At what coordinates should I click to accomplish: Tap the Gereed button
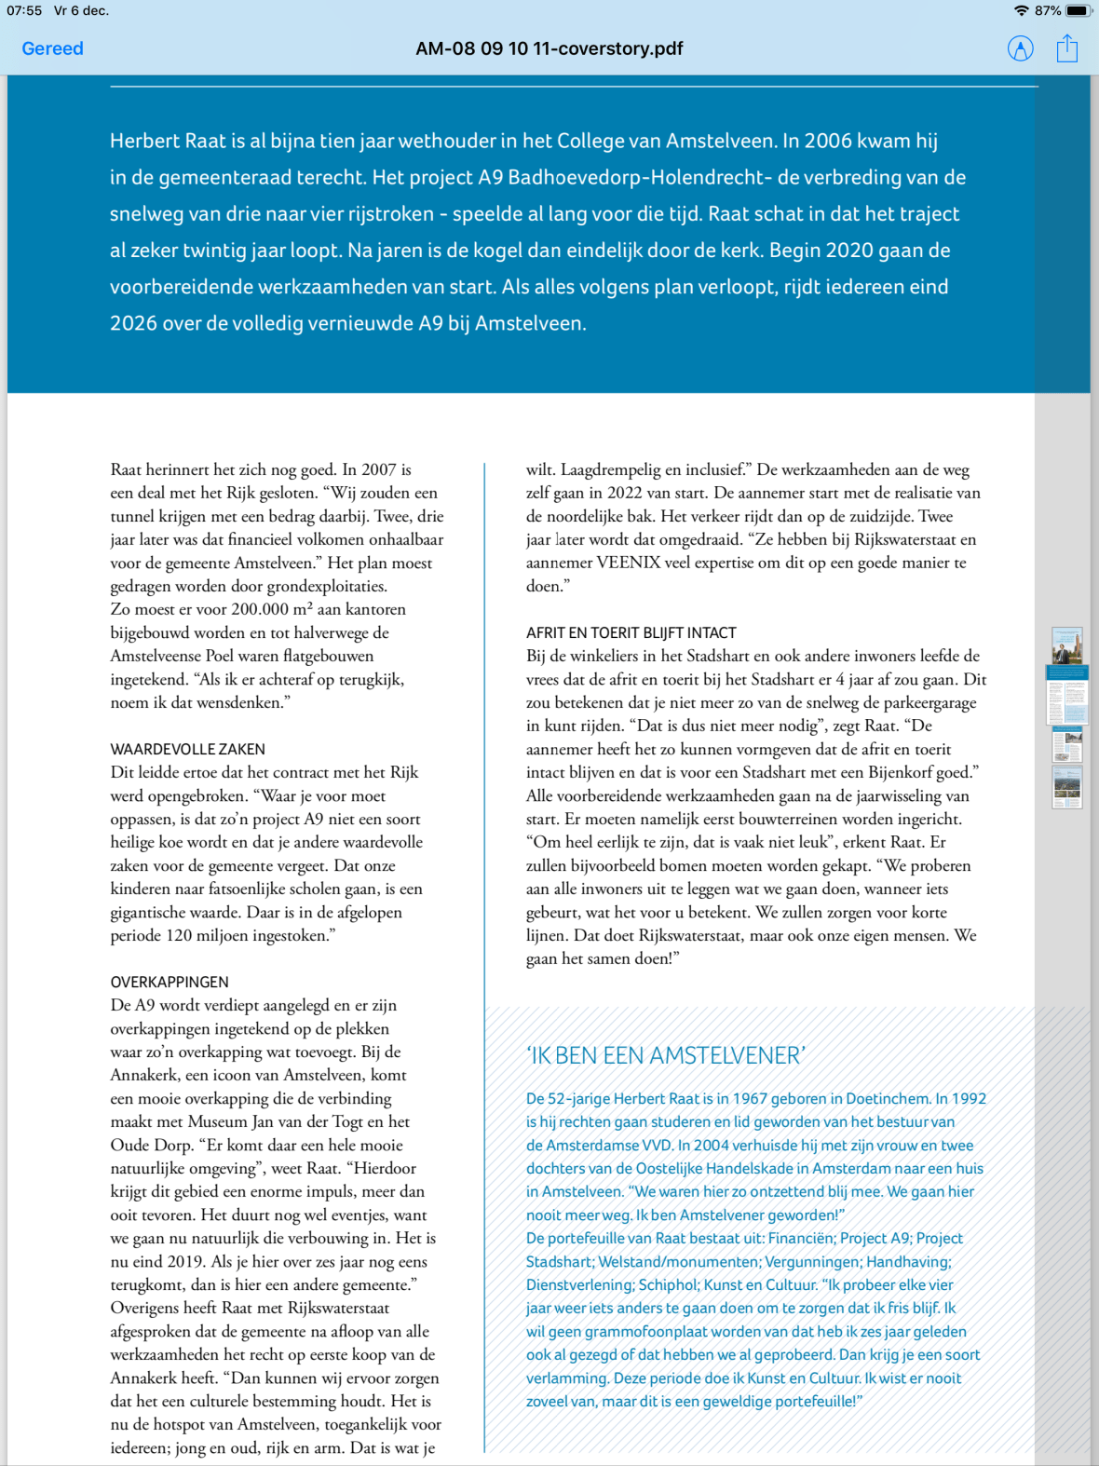point(52,48)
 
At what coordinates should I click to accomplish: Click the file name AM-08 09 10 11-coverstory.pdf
point(549,48)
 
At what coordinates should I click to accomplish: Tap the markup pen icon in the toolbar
point(1021,48)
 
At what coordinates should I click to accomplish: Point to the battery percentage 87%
point(1047,10)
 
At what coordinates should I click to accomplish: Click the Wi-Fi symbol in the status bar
point(1022,10)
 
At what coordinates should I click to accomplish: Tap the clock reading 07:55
point(24,10)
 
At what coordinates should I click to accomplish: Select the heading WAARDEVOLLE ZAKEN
point(187,749)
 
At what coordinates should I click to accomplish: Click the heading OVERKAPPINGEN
point(169,982)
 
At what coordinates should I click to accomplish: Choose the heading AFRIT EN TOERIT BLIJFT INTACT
point(631,632)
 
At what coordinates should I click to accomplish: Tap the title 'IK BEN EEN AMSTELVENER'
point(665,1055)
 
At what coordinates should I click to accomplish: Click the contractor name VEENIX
point(628,563)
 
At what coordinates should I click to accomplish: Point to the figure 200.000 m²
point(271,609)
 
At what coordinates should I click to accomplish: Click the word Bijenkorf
point(900,772)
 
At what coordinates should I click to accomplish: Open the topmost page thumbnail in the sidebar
point(1067,645)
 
